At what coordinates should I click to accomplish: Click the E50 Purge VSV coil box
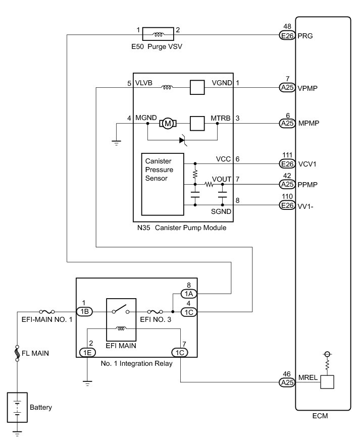click(158, 34)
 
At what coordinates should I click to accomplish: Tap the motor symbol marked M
click(168, 124)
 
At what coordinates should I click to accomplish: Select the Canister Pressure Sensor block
click(163, 184)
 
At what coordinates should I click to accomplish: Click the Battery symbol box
click(17, 407)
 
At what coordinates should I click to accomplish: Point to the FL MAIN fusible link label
click(35, 353)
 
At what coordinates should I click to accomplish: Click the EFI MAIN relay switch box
click(121, 319)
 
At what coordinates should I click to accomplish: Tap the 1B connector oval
click(85, 312)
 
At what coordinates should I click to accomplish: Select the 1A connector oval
click(189, 294)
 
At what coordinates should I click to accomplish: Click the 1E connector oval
click(87, 353)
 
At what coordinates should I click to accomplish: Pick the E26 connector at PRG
click(287, 35)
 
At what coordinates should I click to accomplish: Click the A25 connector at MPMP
click(287, 123)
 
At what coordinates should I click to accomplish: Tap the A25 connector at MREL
click(287, 382)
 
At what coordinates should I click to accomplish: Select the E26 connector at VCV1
click(287, 164)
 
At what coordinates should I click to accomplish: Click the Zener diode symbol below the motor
click(183, 140)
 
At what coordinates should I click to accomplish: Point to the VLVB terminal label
click(144, 83)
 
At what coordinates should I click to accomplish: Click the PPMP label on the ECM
click(307, 185)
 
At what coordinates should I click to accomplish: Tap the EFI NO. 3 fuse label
click(156, 319)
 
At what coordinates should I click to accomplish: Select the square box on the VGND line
click(197, 87)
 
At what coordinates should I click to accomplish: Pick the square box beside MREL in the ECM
click(327, 382)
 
